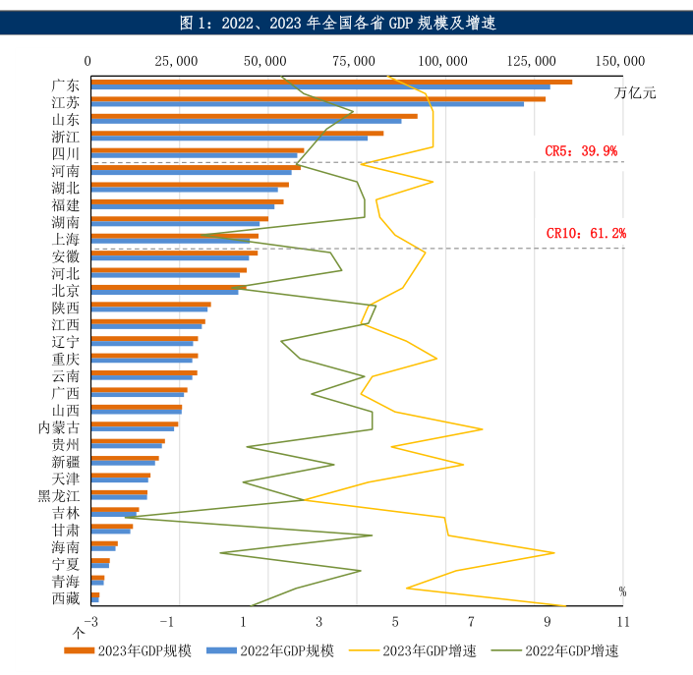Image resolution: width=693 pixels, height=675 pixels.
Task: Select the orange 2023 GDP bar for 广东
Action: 330,82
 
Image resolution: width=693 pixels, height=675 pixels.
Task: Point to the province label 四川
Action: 66,153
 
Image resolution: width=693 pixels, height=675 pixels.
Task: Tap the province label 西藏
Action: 66,597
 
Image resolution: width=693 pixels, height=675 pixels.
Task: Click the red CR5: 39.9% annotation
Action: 581,150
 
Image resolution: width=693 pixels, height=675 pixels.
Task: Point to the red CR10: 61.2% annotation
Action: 585,233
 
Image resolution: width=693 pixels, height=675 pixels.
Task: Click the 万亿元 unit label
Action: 634,93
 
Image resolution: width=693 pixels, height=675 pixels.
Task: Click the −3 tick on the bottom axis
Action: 91,622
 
